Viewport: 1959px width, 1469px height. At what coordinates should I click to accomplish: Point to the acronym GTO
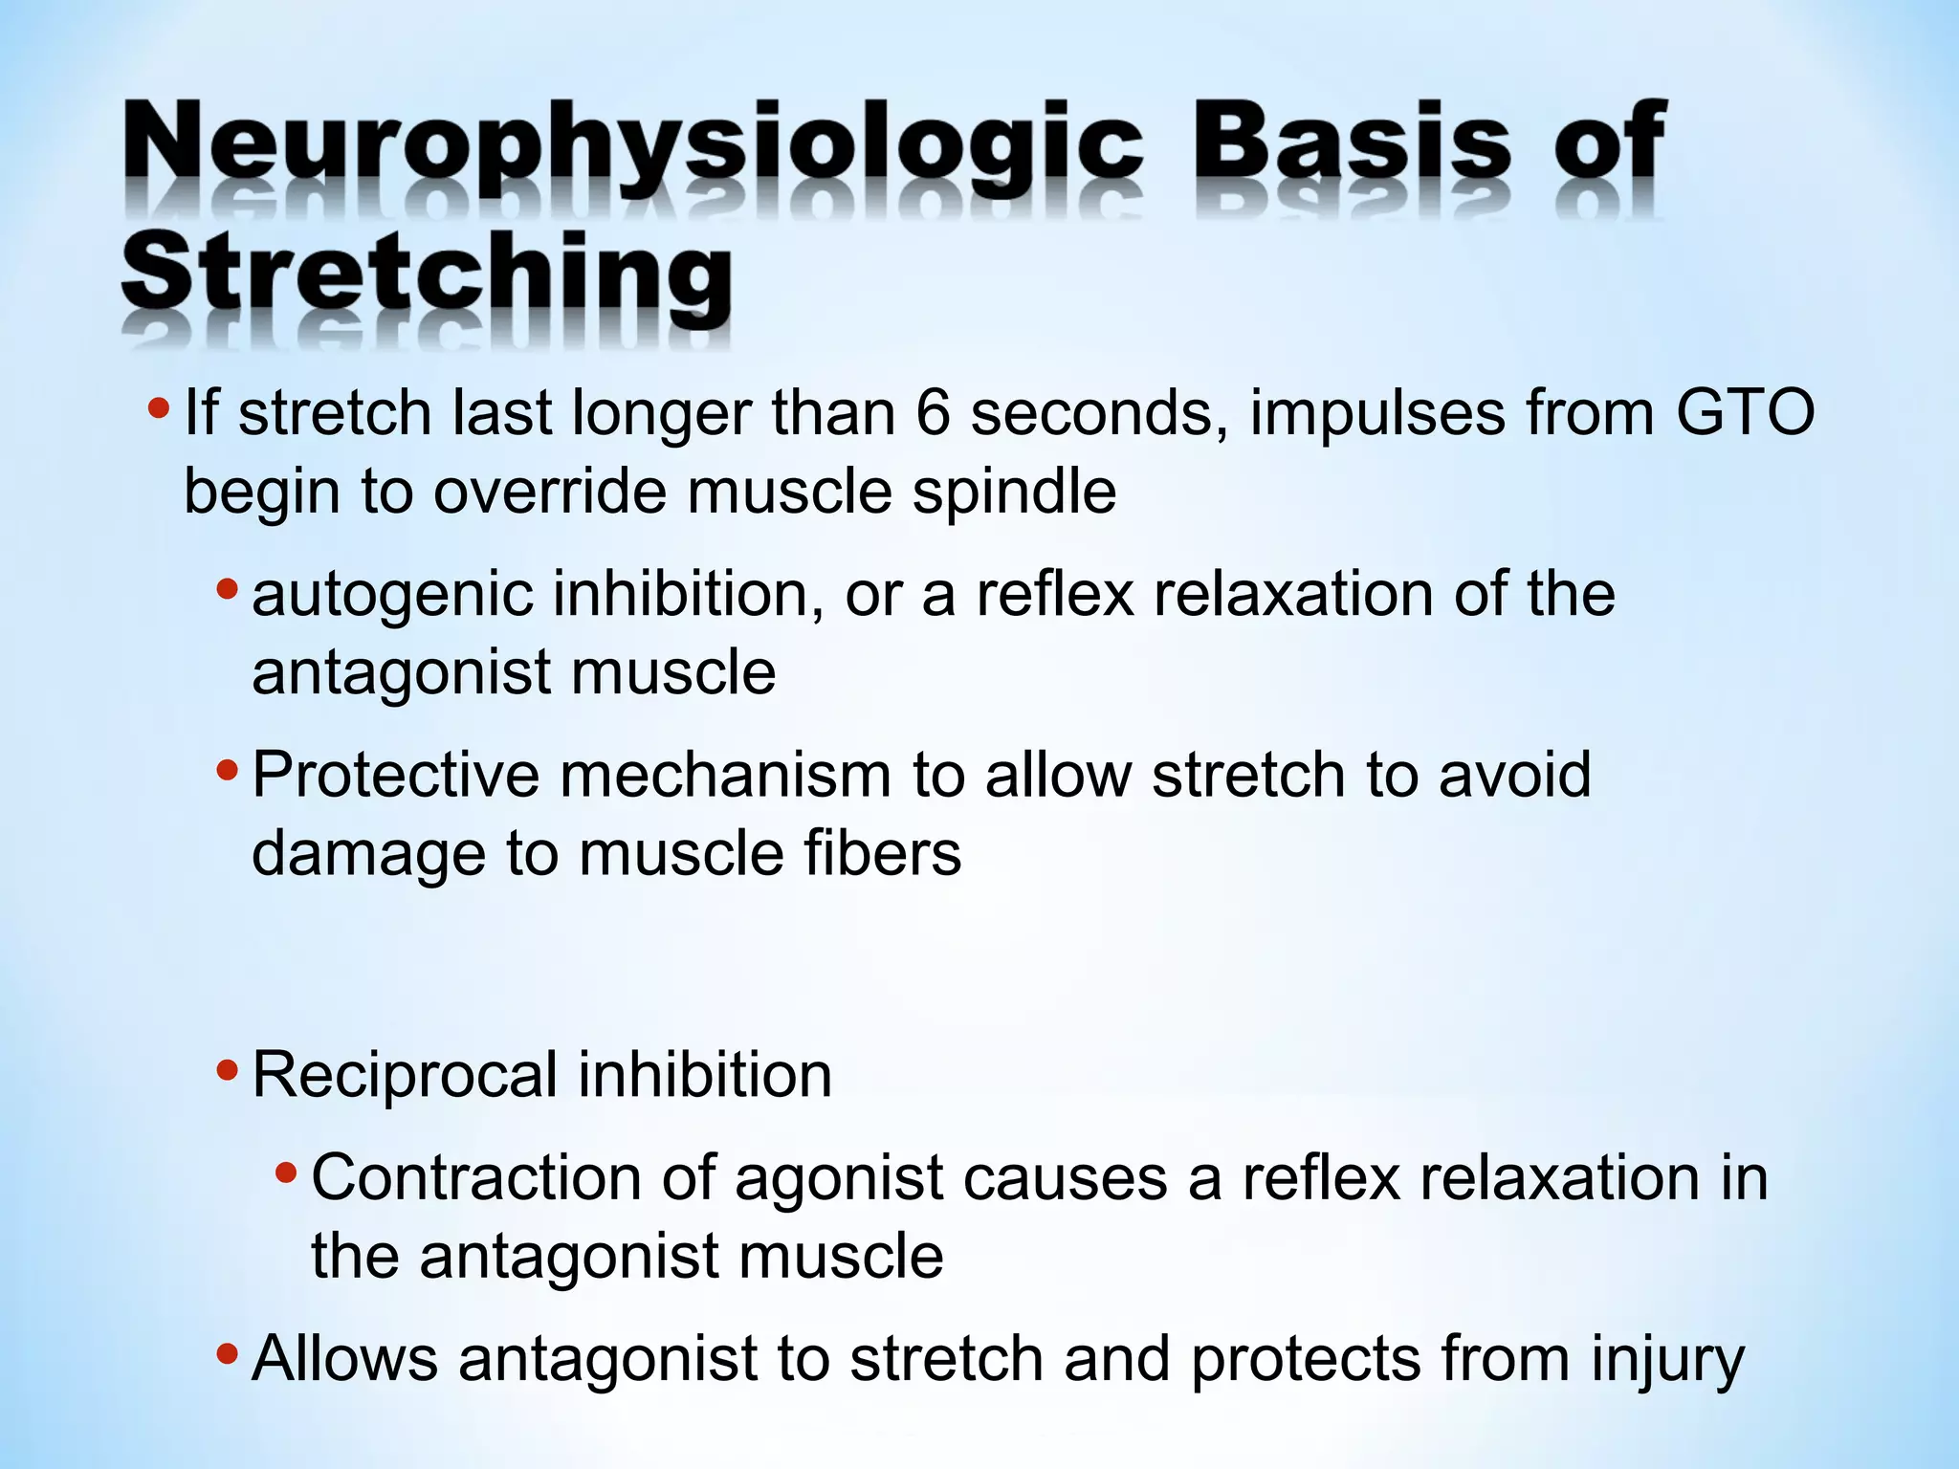pos(1745,414)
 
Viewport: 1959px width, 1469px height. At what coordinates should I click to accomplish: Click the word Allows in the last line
pos(344,1359)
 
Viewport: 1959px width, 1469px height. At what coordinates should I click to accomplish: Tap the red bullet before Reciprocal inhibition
pos(227,1069)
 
